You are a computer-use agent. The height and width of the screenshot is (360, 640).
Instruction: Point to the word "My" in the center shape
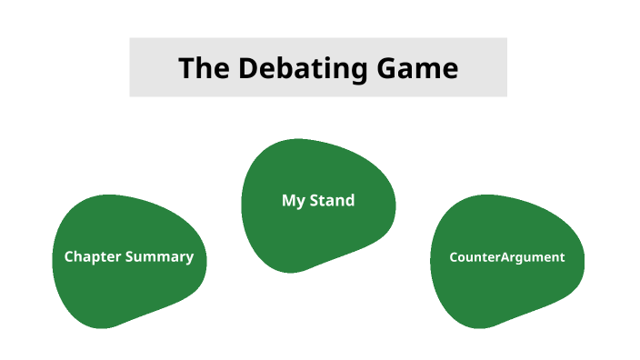(293, 201)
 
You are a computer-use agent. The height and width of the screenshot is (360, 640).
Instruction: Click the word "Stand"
(331, 201)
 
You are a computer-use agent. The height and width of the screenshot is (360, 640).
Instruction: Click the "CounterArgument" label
(506, 257)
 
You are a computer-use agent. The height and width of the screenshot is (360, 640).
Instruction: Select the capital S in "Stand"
(315, 201)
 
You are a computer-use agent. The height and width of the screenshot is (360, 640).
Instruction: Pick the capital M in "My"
(288, 201)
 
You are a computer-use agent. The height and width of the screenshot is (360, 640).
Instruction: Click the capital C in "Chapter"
(68, 256)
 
